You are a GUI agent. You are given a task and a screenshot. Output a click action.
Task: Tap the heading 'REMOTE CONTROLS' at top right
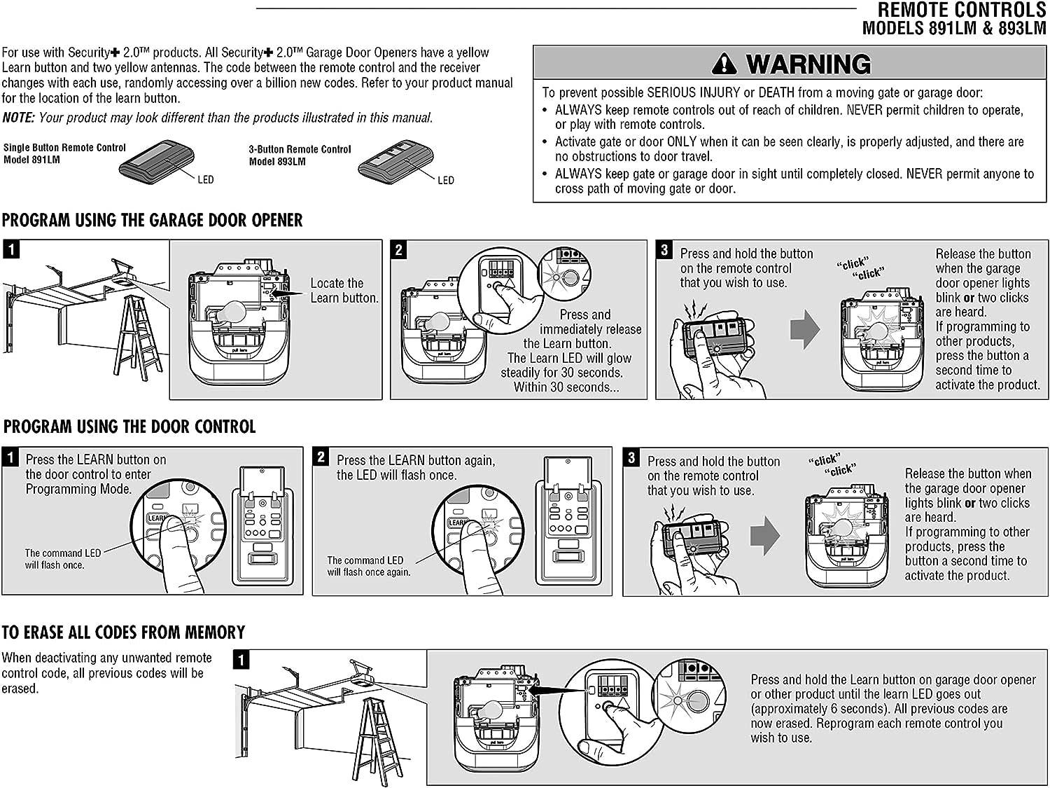[x=961, y=11]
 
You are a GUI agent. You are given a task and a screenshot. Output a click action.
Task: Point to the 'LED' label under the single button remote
[x=205, y=180]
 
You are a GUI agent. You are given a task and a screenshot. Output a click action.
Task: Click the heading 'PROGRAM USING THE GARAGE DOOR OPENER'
[x=153, y=221]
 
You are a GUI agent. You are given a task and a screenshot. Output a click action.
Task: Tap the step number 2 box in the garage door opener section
[x=398, y=249]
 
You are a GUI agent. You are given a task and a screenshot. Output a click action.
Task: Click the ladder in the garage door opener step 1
[x=136, y=336]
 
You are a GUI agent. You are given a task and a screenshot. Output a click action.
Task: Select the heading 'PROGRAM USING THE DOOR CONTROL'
[x=129, y=427]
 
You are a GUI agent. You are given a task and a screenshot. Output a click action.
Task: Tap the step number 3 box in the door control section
[x=631, y=457]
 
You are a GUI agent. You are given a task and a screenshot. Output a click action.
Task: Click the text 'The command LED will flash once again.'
[x=368, y=566]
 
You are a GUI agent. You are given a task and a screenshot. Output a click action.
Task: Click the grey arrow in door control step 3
[x=766, y=537]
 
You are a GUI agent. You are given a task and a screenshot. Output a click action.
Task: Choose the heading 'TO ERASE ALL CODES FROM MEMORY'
[x=123, y=633]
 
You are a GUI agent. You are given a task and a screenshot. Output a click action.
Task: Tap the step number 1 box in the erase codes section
[x=241, y=659]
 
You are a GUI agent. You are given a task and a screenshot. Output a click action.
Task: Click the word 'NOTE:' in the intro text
[x=18, y=118]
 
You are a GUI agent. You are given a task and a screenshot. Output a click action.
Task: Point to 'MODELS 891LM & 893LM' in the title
[x=953, y=29]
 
